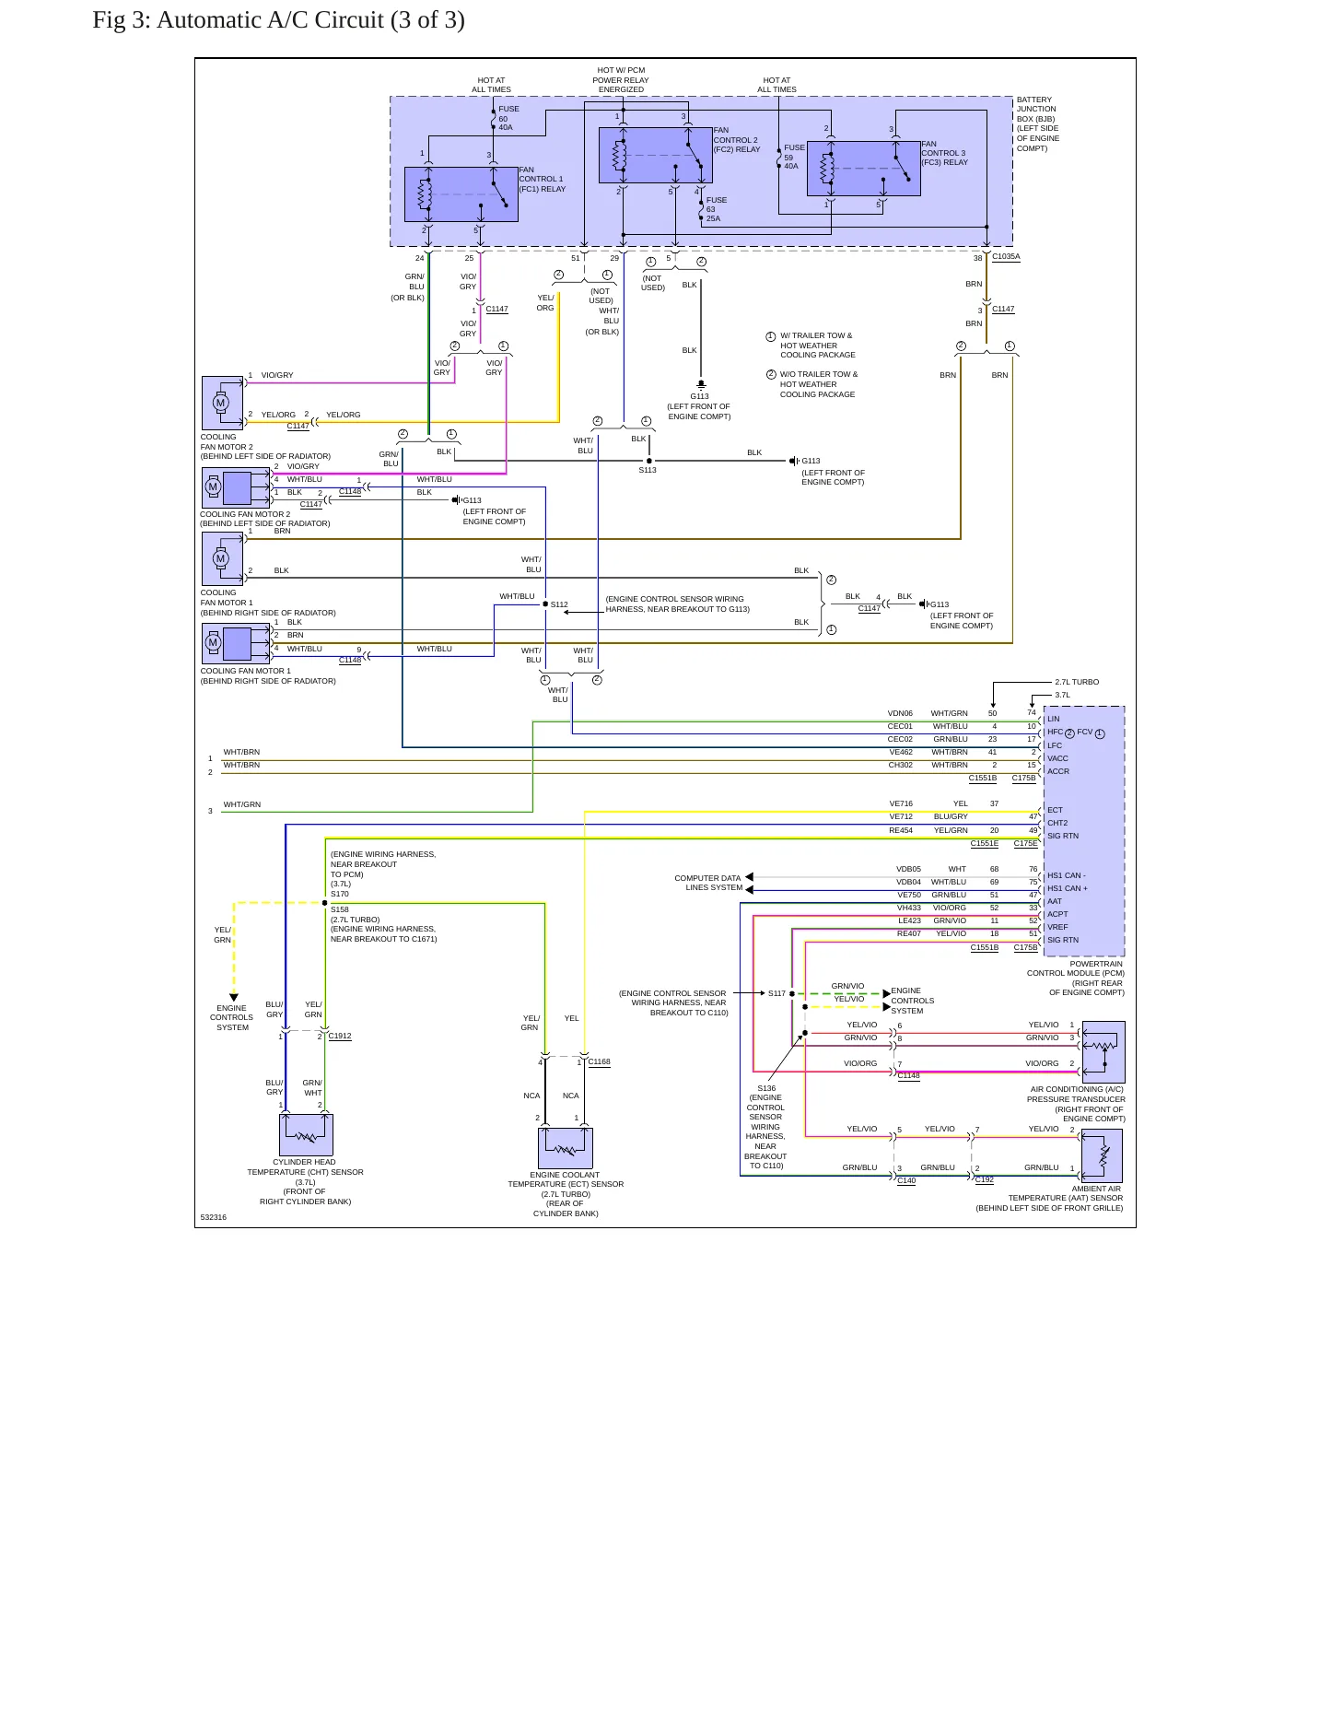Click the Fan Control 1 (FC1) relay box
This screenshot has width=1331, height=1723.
(x=461, y=194)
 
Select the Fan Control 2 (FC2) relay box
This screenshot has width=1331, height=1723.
(x=656, y=155)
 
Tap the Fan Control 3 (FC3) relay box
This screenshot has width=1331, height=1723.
(x=864, y=169)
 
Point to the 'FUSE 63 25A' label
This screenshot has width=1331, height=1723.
(x=717, y=209)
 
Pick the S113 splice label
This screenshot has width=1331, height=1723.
(x=648, y=470)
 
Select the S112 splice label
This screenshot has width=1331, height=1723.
(x=559, y=605)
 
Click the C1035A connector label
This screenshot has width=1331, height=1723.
(x=1006, y=257)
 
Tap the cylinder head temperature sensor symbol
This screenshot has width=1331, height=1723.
(x=306, y=1135)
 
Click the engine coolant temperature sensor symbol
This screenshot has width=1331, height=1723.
(x=566, y=1148)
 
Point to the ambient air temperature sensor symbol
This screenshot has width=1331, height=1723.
(x=1102, y=1155)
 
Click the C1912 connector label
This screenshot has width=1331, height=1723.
(x=340, y=1036)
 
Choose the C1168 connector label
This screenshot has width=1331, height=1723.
(x=600, y=1061)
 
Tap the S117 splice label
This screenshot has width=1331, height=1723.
(x=776, y=993)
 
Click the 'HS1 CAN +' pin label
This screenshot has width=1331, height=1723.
(x=1068, y=888)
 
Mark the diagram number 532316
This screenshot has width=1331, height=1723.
(x=214, y=1217)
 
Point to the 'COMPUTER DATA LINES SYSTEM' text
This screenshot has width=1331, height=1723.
(x=708, y=883)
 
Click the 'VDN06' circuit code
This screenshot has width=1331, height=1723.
(x=900, y=713)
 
